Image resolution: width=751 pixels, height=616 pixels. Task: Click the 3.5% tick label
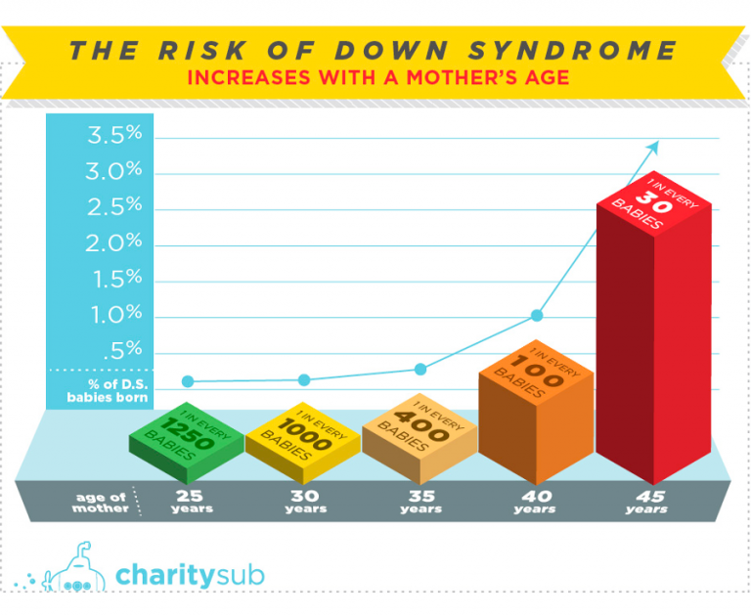click(115, 135)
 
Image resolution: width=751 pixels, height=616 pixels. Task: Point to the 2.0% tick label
click(115, 242)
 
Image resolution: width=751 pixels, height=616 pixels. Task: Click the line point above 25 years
click(188, 381)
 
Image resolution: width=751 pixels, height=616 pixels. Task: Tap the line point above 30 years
click(304, 379)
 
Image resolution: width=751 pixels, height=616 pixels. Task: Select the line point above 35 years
click(420, 369)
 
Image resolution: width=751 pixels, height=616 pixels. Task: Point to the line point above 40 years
click(537, 315)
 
